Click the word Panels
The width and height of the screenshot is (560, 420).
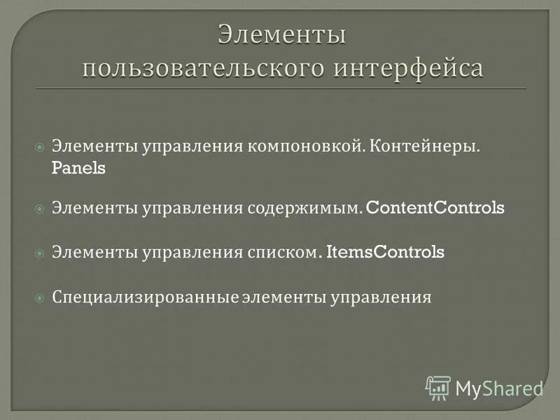click(x=78, y=169)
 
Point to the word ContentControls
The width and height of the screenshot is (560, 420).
click(x=435, y=209)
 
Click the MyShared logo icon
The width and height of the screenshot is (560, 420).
click(x=438, y=387)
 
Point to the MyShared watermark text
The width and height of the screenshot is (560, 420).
click(x=499, y=388)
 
